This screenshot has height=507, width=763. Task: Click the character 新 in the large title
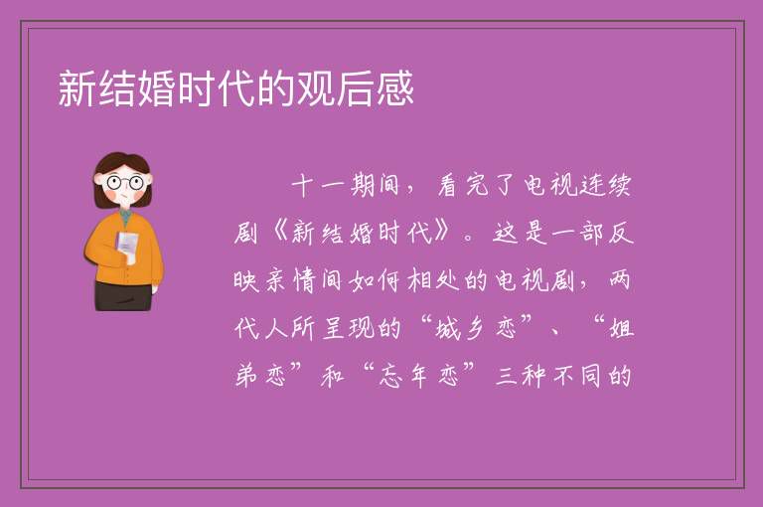tap(77, 88)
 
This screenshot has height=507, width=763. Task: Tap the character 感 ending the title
tap(395, 88)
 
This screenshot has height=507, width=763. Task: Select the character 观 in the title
tap(316, 88)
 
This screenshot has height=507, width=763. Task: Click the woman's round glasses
tap(125, 183)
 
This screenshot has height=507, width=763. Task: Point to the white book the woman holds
tap(127, 247)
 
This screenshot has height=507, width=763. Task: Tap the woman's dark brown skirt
tap(123, 295)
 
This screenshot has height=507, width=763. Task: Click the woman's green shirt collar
tap(125, 215)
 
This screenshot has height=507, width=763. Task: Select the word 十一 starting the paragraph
tap(318, 186)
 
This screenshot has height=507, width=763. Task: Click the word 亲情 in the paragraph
tap(290, 280)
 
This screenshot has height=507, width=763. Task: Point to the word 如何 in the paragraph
tap(376, 280)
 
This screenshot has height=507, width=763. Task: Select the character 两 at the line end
tap(620, 280)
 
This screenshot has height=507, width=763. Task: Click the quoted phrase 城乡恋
tap(477, 327)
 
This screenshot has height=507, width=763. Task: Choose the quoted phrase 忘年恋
tap(418, 376)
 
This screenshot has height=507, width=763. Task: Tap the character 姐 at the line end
tap(621, 327)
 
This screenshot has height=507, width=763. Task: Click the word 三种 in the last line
tap(520, 376)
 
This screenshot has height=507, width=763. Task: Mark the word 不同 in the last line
tap(577, 376)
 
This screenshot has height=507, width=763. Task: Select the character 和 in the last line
tap(333, 376)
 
